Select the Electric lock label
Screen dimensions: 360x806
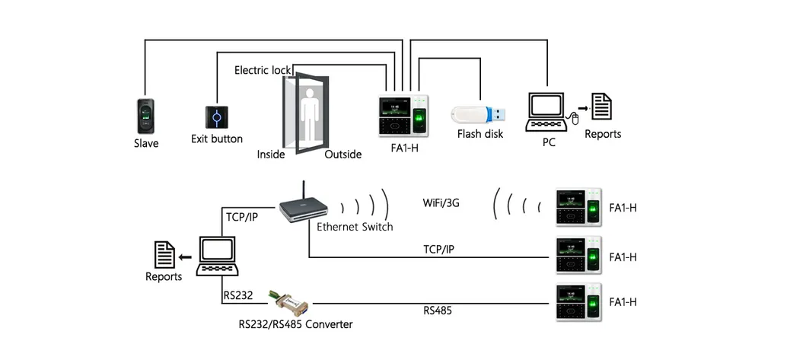(x=262, y=70)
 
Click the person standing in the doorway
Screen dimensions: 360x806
(x=310, y=114)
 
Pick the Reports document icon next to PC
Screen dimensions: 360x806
(x=602, y=107)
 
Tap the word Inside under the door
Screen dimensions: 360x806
(x=271, y=155)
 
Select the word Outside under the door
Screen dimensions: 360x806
(x=342, y=155)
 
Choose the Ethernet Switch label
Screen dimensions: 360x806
(x=355, y=227)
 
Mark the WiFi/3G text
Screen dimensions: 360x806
(x=441, y=203)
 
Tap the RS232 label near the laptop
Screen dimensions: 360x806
(x=238, y=295)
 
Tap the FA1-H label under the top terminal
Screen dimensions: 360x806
(x=404, y=148)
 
